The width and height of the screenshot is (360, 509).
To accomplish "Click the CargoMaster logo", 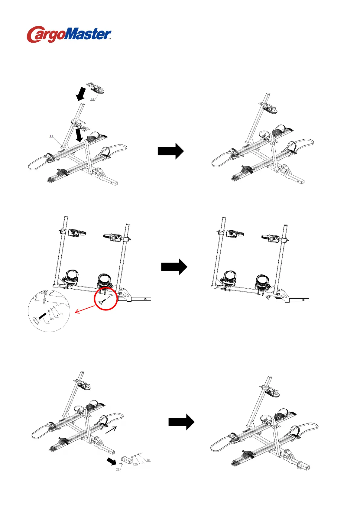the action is [69, 34].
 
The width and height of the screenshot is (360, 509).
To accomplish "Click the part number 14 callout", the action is [92, 99].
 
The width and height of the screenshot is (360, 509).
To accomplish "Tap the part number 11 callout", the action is [51, 136].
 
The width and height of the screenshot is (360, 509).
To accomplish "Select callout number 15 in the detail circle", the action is [47, 323].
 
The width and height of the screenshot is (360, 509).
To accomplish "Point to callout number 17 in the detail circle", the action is [57, 316].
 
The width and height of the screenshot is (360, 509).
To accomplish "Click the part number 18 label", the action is [148, 460].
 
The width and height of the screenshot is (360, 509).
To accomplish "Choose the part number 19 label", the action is [142, 463].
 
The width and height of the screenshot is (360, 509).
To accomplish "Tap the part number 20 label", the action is [136, 464].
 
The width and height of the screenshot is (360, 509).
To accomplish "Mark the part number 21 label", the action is [118, 469].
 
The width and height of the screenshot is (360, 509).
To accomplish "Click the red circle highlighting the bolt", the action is [106, 299].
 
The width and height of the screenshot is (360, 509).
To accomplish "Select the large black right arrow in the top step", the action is [170, 151].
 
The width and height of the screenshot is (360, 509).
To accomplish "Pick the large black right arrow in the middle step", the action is [174, 267].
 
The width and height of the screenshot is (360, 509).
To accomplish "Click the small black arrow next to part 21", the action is [112, 461].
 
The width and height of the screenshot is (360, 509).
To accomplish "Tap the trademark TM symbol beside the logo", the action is [110, 39].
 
